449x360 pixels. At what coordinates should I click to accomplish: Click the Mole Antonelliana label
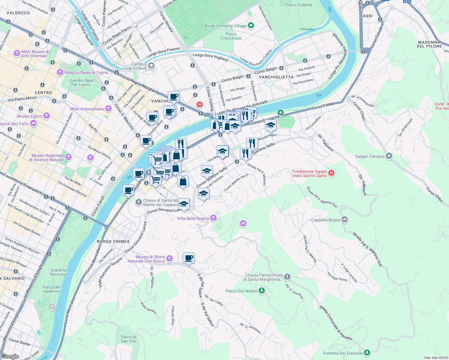[x=87, y=109]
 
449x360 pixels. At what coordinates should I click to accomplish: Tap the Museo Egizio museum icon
[x=46, y=116]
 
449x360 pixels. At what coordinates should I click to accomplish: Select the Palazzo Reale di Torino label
[x=86, y=73]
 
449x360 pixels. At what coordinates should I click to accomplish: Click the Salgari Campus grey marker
[x=389, y=156]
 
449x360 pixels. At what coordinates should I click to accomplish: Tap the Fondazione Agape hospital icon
[x=331, y=173]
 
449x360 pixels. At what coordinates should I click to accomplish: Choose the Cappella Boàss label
[x=325, y=220]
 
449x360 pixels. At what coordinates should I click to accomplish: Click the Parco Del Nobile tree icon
[x=262, y=291]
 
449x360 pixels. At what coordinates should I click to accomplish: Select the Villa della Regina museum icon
[x=213, y=218]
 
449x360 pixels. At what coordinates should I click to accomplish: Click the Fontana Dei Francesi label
[x=343, y=353]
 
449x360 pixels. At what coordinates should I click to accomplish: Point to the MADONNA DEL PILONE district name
[x=429, y=44]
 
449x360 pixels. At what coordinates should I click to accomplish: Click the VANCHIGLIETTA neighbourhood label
[x=276, y=77]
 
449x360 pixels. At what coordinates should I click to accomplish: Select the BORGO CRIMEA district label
[x=113, y=241]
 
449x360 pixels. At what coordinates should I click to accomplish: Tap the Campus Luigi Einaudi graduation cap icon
[x=152, y=66]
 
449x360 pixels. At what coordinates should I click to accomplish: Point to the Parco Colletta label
[x=299, y=5]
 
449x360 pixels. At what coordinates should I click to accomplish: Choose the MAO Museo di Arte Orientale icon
[x=17, y=53]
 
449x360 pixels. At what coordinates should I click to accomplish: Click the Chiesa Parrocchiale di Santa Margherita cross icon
[x=287, y=277]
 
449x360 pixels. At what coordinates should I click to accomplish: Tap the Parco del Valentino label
[x=51, y=289]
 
